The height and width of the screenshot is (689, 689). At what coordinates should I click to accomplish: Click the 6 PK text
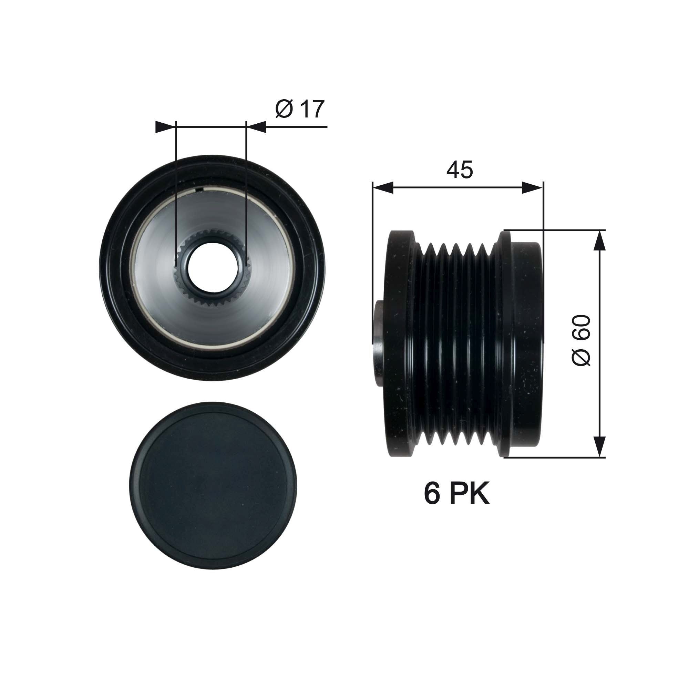coord(456,494)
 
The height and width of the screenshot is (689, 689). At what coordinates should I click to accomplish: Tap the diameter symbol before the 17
coord(284,109)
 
